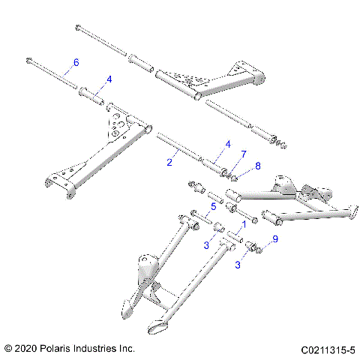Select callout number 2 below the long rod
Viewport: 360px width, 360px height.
coord(170,160)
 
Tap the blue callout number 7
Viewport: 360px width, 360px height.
coord(222,154)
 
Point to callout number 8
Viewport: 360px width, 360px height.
coord(238,166)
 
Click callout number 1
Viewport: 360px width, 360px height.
coord(242,223)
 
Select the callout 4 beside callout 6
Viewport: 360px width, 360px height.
coord(109,78)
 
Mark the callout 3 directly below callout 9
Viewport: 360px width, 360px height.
coord(238,265)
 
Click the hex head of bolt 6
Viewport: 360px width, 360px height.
coord(29,60)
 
